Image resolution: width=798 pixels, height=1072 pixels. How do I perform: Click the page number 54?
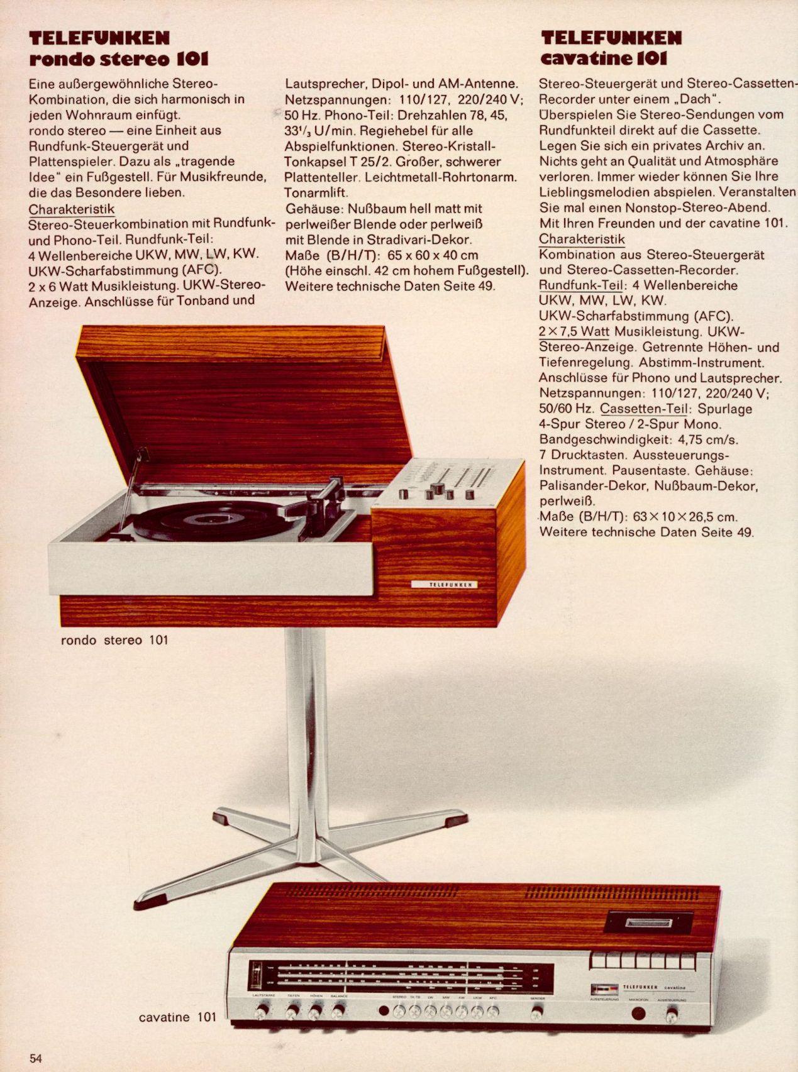pos(35,1058)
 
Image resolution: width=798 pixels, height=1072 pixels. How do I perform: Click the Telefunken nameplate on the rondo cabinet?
pos(444,585)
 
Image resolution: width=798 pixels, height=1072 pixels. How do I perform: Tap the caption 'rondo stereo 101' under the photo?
pos(114,641)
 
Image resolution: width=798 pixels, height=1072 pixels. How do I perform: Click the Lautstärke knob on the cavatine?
pos(262,1011)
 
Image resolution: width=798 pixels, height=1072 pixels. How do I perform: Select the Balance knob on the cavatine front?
pos(338,1011)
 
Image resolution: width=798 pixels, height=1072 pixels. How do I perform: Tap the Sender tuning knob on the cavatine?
pos(536,1012)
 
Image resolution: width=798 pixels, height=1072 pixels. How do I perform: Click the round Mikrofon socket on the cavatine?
pos(639,1013)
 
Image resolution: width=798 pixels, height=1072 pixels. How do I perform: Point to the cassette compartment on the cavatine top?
pos(648,922)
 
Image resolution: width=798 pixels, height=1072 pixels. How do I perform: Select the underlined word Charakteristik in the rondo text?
pos(72,209)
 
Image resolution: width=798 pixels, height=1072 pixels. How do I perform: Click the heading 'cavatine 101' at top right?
pos(603,59)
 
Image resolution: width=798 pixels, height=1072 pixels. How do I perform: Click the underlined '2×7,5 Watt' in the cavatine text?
pos(574,331)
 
